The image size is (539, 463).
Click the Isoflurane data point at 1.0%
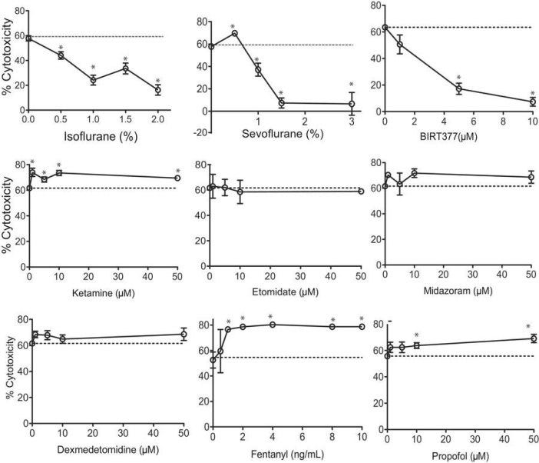coord(93,80)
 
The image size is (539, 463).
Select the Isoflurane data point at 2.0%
coord(157,90)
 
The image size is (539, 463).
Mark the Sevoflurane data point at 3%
coord(351,104)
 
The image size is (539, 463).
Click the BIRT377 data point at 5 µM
coord(458,88)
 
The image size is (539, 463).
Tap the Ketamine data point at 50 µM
coord(177,178)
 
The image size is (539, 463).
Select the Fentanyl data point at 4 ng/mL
coord(272,325)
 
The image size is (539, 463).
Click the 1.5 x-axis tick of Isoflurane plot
coord(125,120)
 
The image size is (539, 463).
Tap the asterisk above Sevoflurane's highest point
coord(233,26)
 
